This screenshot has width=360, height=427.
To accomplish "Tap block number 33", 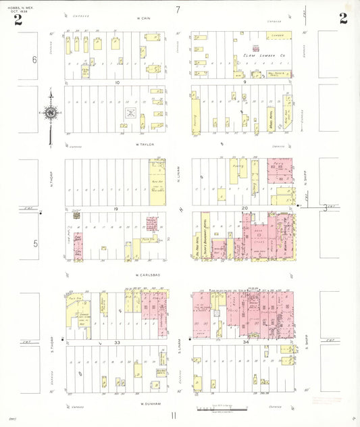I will click(117, 343).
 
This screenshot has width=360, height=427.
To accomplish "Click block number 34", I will click(245, 343).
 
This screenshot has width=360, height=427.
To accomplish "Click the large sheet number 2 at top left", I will click(18, 20).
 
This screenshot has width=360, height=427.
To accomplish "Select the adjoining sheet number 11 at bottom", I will click(174, 416).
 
